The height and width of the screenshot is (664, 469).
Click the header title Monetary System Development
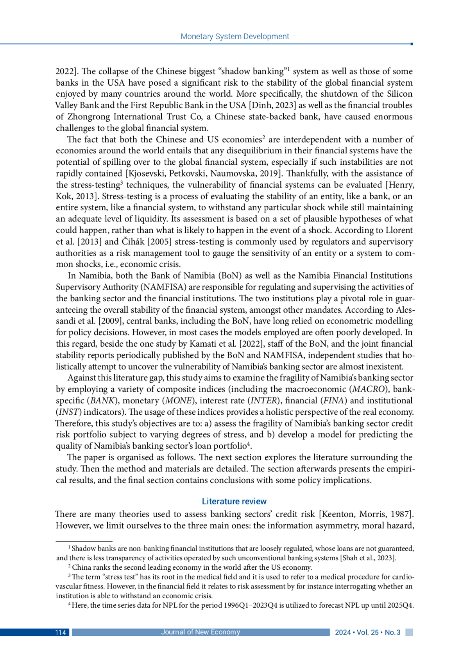(234, 36)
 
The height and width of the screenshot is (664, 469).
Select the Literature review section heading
(234, 501)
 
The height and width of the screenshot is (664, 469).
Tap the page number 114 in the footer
(60, 632)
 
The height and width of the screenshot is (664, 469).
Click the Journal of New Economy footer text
(200, 632)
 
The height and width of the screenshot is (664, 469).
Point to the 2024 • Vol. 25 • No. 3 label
(367, 632)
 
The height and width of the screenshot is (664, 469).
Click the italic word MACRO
(369, 389)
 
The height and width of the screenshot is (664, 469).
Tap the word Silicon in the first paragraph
(399, 94)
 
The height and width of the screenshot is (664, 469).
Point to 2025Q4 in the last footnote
(400, 605)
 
